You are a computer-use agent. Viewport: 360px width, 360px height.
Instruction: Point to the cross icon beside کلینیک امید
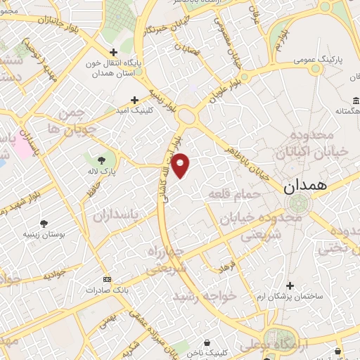134,101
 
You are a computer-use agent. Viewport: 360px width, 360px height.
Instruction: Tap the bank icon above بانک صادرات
107,279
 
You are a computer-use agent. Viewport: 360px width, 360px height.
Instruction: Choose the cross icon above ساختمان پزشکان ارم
290,285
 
